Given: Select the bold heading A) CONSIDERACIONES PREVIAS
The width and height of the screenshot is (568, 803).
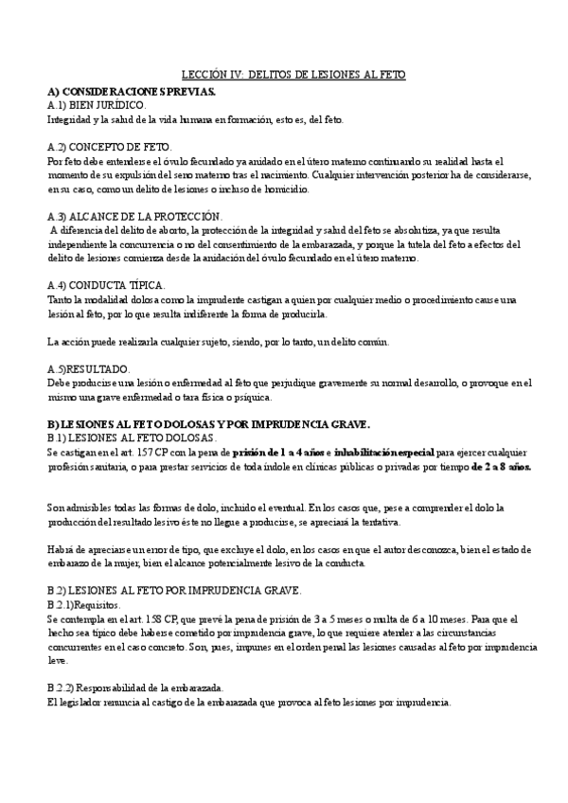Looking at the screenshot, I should coord(132,91).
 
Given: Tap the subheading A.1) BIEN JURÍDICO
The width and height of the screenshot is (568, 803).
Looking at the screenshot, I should coord(97,105).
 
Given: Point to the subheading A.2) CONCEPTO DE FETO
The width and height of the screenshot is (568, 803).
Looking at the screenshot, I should coord(110,148).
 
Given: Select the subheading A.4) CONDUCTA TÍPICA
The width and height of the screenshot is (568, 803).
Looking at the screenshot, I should coord(107,285).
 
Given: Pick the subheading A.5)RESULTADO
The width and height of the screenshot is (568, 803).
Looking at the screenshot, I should coord(89,368).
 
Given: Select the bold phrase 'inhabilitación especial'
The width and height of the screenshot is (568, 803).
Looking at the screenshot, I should coord(384,453).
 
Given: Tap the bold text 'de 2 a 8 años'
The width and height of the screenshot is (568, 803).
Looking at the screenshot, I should coord(502,466).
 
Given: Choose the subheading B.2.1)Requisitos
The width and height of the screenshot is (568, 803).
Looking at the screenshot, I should coord(84,604).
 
